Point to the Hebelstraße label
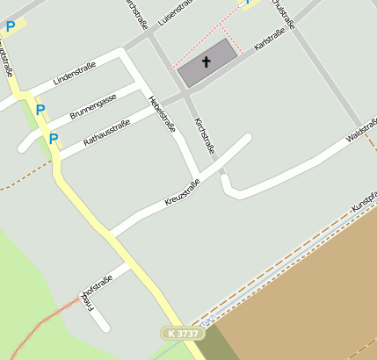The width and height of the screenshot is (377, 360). pyautogui.click(x=163, y=113)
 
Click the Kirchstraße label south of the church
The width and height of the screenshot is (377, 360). pyautogui.click(x=204, y=135)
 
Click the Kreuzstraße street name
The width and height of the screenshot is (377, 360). pyautogui.click(x=183, y=192)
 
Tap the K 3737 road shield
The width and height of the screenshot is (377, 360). pyautogui.click(x=180, y=334)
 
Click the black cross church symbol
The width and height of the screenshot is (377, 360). pyautogui.click(x=207, y=62)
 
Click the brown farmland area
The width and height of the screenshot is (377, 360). pyautogui.click(x=308, y=281)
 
